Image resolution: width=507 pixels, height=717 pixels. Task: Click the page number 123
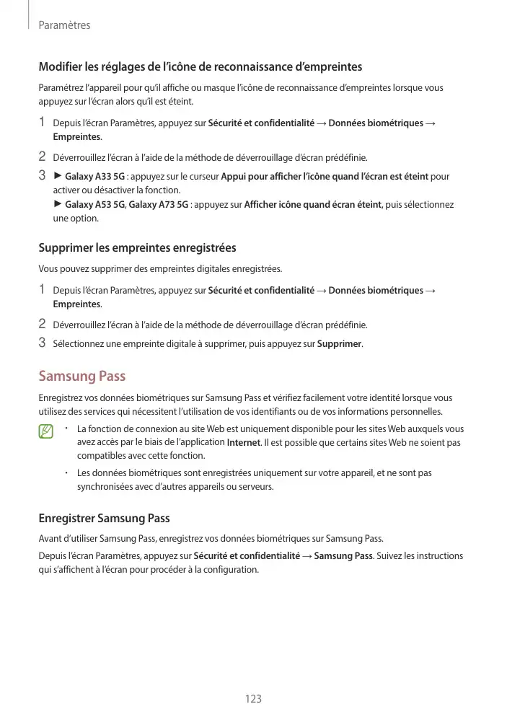253,699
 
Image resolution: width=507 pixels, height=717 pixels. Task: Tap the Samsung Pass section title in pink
81,376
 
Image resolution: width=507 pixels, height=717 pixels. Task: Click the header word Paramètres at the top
64,25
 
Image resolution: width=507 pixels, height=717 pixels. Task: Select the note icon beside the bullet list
47,432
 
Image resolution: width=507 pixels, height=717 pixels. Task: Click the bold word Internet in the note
243,443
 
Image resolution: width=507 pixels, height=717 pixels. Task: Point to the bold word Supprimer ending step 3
340,344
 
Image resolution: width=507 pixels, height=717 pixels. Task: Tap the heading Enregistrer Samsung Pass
104,518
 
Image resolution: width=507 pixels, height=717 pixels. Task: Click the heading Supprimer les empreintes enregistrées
137,247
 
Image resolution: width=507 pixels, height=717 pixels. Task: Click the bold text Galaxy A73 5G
159,205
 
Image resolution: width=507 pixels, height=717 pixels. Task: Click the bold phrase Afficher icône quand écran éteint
313,205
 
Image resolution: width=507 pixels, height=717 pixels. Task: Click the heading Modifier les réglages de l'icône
200,67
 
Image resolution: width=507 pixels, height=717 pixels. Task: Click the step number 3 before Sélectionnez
42,343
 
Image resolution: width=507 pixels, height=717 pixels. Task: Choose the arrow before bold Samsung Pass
307,556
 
